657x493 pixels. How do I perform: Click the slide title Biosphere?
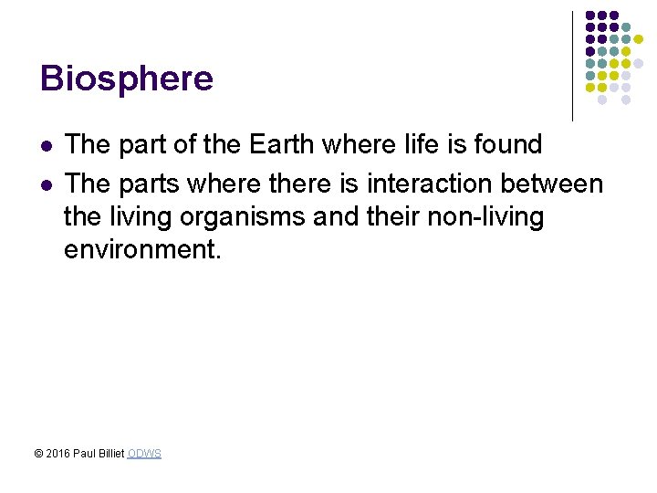coord(126,79)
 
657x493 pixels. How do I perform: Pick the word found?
coord(509,144)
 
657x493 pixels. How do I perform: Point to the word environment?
coord(141,250)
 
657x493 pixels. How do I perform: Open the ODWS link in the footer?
coord(144,454)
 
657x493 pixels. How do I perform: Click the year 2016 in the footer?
coord(57,454)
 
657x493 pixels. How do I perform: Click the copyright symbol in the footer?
coord(38,454)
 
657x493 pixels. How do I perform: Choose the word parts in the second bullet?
coord(148,184)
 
